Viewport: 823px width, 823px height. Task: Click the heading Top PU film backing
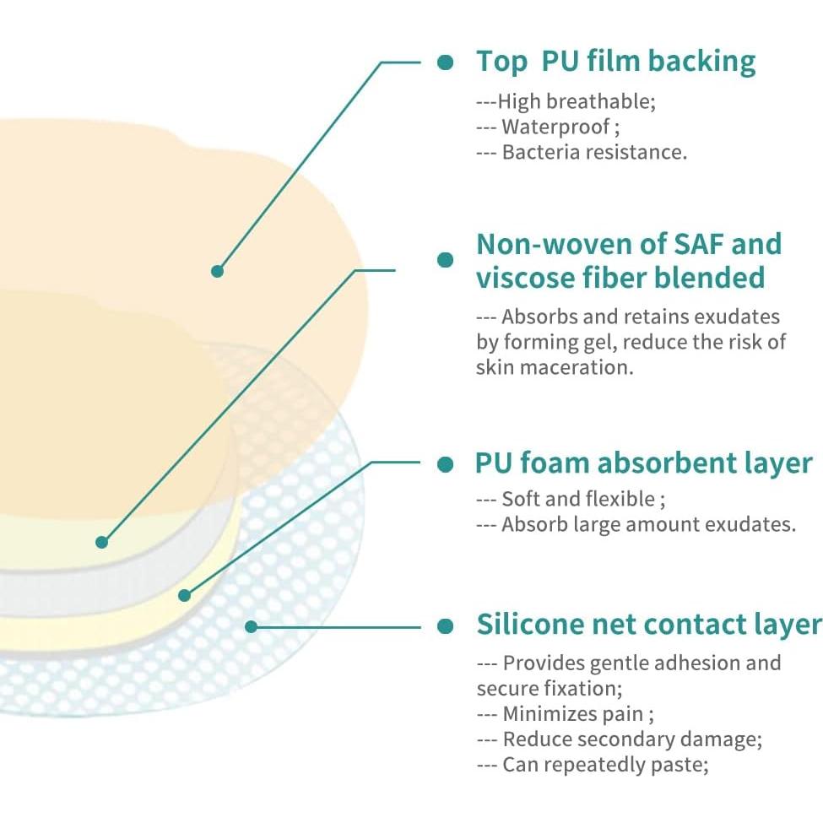coord(615,62)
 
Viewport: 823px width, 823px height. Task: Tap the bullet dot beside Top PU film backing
coord(445,62)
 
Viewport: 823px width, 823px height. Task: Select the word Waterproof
coord(555,127)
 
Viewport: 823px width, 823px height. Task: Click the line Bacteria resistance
coord(582,152)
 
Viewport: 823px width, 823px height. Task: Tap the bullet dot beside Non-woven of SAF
coord(445,260)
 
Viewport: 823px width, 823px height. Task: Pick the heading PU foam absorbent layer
coord(644,463)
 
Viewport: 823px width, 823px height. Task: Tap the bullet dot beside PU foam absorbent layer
coord(445,464)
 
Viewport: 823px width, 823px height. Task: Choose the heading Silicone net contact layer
coord(649,625)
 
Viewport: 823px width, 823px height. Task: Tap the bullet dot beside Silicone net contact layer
coord(445,626)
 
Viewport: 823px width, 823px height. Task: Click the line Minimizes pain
coord(566,714)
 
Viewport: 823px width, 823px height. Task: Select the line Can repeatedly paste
coord(593,765)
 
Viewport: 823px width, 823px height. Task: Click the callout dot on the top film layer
coord(217,271)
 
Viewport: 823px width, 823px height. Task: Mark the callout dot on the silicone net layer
coord(251,626)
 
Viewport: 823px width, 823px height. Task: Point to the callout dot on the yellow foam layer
coord(184,595)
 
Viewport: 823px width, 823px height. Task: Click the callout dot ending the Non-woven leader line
coord(102,542)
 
